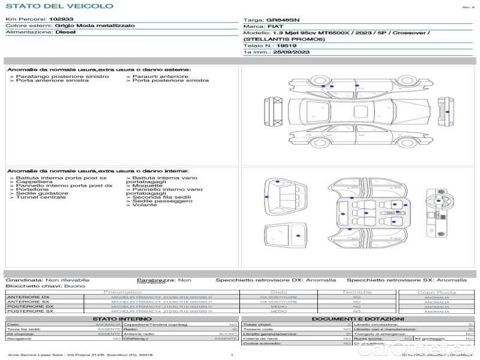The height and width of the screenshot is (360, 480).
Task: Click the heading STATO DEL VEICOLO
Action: point(59,6)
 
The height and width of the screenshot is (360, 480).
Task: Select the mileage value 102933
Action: point(61,20)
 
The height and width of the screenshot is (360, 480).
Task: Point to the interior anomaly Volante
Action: point(145,205)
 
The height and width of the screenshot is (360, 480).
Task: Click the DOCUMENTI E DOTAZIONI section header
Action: point(358,319)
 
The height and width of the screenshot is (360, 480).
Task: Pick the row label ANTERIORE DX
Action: point(28,297)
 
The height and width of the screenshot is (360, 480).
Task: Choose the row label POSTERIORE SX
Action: point(29,311)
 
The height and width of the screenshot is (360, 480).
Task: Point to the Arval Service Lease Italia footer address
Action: point(81,355)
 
